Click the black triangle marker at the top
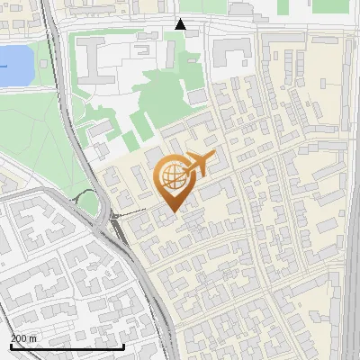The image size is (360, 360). click(x=181, y=24)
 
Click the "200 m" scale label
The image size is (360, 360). click(x=24, y=338)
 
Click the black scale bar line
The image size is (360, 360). click(x=67, y=346)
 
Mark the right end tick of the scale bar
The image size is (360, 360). click(x=123, y=345)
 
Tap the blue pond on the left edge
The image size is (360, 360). click(x=13, y=66)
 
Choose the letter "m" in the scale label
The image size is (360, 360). click(x=33, y=338)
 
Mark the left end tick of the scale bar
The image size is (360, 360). click(x=11, y=345)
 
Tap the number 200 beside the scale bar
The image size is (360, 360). click(x=19, y=338)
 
